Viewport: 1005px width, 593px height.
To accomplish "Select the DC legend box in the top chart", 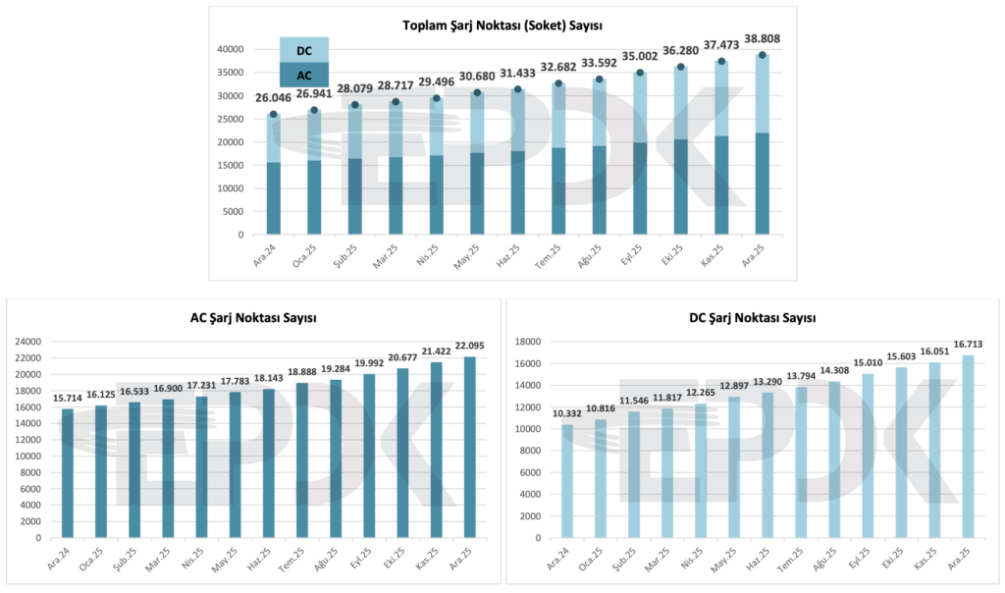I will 304,49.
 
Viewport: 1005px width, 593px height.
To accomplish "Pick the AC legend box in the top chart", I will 304,75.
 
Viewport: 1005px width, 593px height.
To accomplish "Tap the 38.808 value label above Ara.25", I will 762,39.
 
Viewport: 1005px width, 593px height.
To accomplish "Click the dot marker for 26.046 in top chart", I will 274,114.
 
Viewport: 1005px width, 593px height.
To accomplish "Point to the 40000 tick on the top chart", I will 230,49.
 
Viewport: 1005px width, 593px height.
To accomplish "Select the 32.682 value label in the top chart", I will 558,67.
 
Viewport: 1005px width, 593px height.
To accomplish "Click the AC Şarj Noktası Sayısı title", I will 253,318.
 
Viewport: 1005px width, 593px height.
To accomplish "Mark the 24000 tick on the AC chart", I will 27,342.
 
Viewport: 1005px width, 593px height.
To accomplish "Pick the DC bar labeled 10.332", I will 567,481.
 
